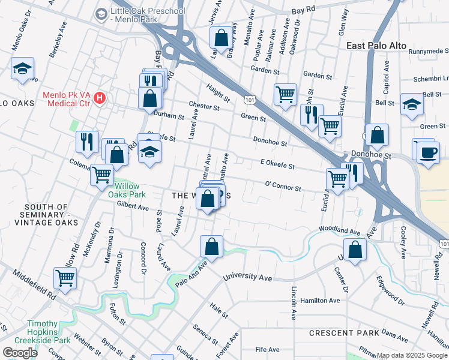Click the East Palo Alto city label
point(376,46)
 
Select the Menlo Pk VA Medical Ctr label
point(66,99)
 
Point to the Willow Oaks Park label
point(127,191)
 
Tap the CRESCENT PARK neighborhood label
point(344,332)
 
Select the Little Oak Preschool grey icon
point(101,12)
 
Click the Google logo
point(20,352)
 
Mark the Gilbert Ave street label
point(133,206)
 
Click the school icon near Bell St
point(412,103)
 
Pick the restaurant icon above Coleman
point(88,141)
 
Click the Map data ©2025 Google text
point(412,355)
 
